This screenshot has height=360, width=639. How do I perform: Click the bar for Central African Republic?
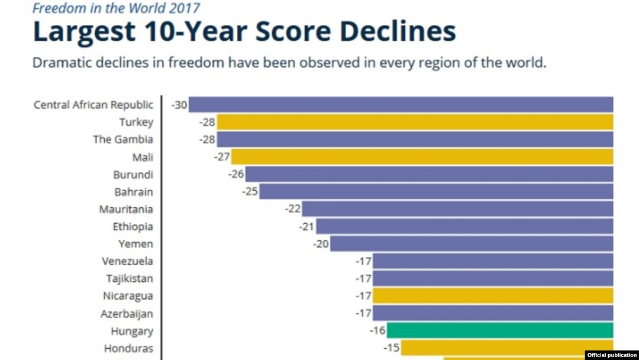[x=401, y=105]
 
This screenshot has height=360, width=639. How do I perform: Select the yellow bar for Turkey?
[x=415, y=122]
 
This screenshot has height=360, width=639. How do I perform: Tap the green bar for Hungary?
[x=500, y=330]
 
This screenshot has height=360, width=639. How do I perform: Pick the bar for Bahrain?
[x=436, y=191]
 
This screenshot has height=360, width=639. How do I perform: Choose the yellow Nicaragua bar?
[x=493, y=295]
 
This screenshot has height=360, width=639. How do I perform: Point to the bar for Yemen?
[x=472, y=243]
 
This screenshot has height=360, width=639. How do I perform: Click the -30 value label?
[x=179, y=105]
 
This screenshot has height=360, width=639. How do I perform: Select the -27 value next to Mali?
[x=222, y=157]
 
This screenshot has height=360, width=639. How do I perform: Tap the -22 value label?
[x=293, y=209]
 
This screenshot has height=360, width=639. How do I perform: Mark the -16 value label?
[x=377, y=331]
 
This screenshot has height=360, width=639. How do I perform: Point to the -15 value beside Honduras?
[x=392, y=348]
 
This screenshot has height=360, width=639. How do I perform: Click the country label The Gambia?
[x=123, y=140]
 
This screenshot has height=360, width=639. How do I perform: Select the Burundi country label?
[x=133, y=175]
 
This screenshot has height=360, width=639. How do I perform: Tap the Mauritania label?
[x=126, y=209]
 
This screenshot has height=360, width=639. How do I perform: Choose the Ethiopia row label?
[x=133, y=226]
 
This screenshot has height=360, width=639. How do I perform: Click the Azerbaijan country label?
[x=127, y=313]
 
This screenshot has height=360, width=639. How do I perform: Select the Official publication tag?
[x=612, y=355]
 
